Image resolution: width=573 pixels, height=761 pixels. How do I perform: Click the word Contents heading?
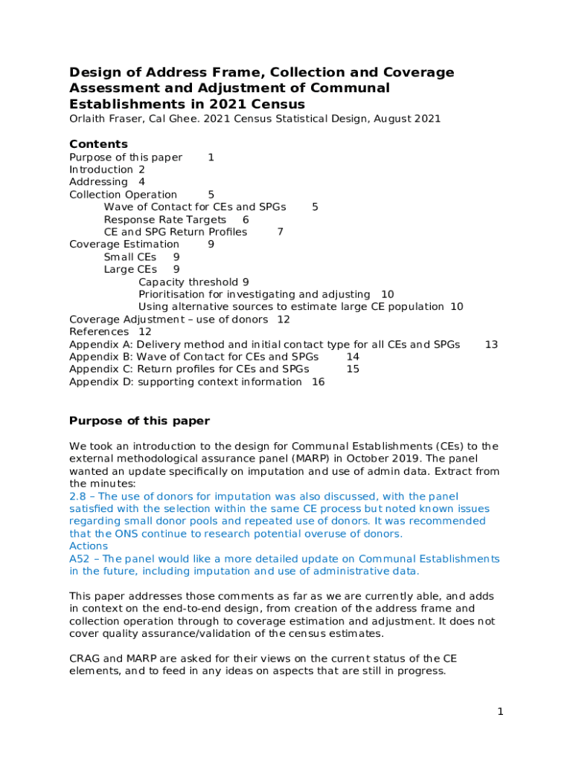[x=98, y=144]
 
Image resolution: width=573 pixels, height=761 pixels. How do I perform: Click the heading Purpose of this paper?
[x=139, y=421]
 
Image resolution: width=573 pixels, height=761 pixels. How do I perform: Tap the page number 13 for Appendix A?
[x=491, y=345]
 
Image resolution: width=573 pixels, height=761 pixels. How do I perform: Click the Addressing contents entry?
[x=98, y=182]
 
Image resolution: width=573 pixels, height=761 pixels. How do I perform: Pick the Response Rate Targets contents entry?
[x=164, y=220]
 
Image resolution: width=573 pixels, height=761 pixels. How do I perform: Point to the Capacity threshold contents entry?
[x=188, y=282]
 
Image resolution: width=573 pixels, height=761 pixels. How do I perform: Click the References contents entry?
[x=99, y=332]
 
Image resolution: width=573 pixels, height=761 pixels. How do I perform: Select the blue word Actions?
[x=89, y=546]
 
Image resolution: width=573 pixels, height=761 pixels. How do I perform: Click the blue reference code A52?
[x=80, y=559]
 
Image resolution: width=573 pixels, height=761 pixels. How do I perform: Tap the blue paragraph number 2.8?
[x=77, y=496]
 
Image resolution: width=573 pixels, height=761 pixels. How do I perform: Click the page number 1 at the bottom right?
[x=501, y=712]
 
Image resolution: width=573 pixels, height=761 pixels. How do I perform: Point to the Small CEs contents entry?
[x=130, y=257]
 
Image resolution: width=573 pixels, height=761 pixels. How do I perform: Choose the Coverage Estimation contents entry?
[x=124, y=245]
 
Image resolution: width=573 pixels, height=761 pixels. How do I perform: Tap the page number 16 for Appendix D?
[x=318, y=382]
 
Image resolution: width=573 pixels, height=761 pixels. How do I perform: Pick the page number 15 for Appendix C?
[x=353, y=369]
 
